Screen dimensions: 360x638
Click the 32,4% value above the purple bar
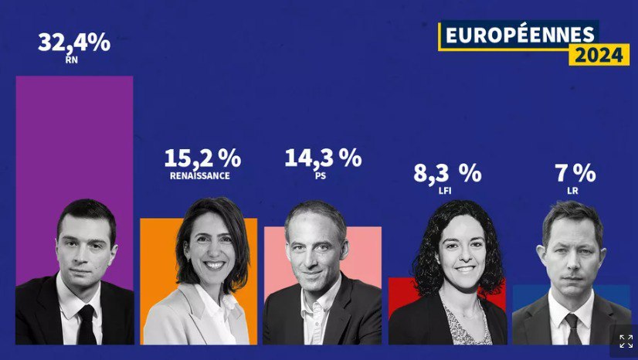[74, 42]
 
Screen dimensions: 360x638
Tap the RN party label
[73, 59]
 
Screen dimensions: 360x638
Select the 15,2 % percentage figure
[202, 158]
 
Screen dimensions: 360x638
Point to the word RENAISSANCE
[200, 176]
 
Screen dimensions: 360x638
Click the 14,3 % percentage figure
[323, 158]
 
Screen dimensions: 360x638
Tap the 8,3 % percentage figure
[447, 174]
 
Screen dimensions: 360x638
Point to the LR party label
[572, 190]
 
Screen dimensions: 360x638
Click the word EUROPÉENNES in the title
[518, 34]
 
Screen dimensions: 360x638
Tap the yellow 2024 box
[599, 55]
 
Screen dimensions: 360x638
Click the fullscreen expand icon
[626, 341]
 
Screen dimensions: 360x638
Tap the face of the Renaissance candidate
[206, 250]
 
